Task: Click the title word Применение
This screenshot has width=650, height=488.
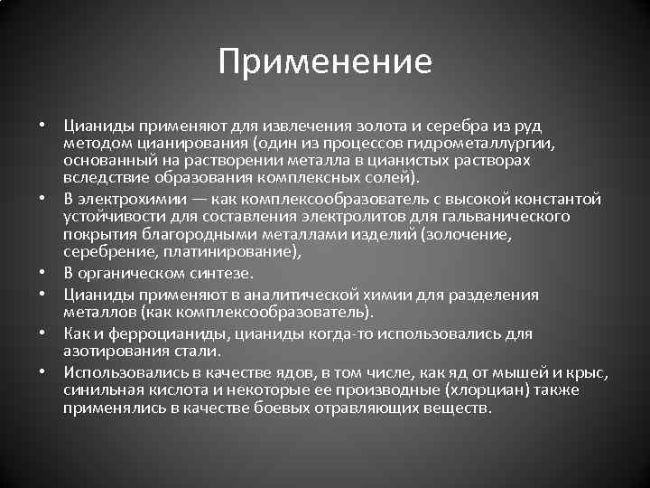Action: [325, 62]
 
